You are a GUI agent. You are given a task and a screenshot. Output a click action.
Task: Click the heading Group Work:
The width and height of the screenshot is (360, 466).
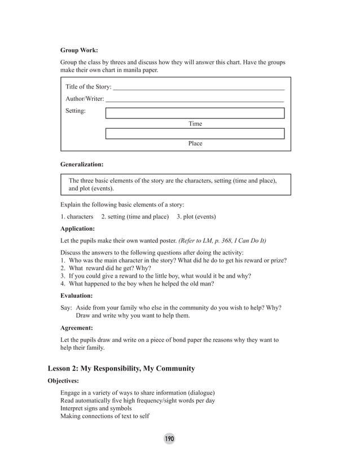click(x=79, y=50)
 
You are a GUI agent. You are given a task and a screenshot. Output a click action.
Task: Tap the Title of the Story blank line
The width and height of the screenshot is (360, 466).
click(x=199, y=88)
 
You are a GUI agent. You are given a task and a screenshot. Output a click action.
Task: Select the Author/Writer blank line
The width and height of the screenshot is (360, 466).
click(x=195, y=99)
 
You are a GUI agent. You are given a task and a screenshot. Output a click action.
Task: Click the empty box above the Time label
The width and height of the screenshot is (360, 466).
click(x=195, y=113)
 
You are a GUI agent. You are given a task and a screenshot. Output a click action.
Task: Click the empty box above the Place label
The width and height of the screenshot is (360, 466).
click(x=195, y=134)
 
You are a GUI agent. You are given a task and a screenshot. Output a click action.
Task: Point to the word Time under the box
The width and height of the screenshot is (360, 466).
click(x=195, y=124)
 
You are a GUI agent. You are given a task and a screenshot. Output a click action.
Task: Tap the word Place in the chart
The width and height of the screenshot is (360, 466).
click(x=195, y=143)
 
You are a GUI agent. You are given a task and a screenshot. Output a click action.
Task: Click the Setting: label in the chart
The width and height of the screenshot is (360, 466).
click(x=76, y=111)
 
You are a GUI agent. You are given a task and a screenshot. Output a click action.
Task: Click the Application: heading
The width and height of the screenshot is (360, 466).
click(x=77, y=229)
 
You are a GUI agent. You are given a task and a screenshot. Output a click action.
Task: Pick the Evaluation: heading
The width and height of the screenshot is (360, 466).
click(x=76, y=295)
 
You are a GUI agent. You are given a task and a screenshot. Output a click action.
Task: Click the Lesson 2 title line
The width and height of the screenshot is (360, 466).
click(x=121, y=368)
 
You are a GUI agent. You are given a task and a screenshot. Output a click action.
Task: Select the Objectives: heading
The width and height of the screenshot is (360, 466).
click(x=63, y=381)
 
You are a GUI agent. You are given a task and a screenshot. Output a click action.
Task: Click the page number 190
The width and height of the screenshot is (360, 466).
click(x=169, y=439)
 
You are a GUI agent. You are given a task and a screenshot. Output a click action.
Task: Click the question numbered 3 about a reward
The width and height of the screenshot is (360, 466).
click(x=156, y=276)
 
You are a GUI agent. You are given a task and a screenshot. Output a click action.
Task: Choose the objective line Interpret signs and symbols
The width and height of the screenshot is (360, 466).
click(x=96, y=408)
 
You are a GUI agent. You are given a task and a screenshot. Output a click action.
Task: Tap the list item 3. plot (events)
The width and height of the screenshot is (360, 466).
click(x=196, y=217)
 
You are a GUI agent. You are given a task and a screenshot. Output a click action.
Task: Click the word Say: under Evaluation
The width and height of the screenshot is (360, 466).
click(x=66, y=307)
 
